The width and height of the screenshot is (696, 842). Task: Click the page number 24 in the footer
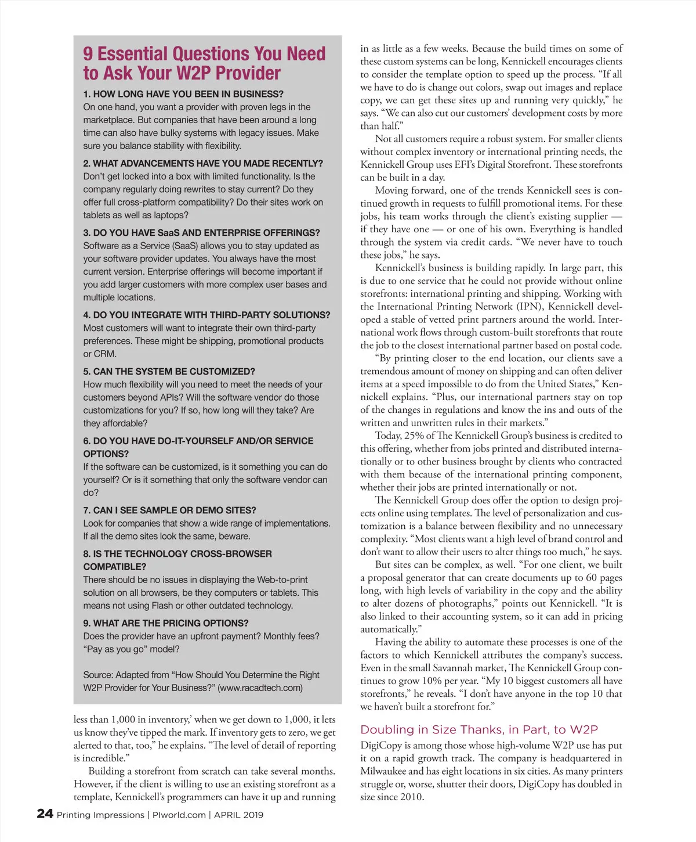click(45, 814)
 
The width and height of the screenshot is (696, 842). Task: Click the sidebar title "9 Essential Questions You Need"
click(204, 53)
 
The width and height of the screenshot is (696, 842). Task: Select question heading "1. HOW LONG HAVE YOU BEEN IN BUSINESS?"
click(183, 94)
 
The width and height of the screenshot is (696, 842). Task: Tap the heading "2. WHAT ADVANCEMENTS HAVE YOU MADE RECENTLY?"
click(203, 164)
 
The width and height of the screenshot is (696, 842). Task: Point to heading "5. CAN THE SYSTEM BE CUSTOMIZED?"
click(169, 372)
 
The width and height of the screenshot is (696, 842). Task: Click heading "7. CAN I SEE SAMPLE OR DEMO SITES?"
click(169, 510)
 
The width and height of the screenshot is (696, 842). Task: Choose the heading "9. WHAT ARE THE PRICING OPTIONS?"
click(166, 623)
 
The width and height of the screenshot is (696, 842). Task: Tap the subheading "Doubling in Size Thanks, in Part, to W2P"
click(479, 730)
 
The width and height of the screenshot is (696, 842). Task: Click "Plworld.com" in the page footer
click(179, 815)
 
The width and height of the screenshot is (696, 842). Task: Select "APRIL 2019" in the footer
click(238, 815)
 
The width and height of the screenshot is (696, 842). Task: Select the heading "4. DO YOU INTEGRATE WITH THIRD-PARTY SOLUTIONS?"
click(206, 315)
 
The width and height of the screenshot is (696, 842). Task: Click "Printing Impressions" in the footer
click(100, 815)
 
